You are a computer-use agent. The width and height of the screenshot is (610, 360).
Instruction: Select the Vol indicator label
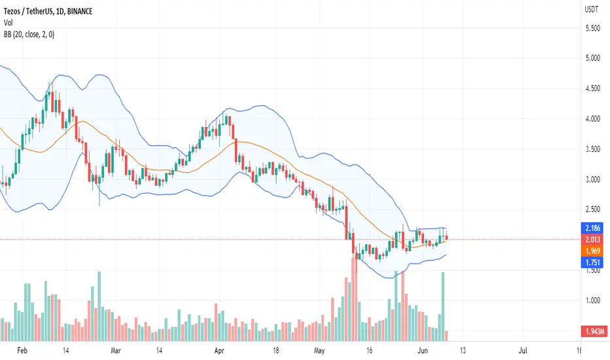8,22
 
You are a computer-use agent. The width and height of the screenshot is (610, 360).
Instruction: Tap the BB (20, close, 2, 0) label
29,35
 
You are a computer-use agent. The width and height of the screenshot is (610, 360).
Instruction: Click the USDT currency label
591,9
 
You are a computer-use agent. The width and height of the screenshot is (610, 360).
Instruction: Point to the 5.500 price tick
593,28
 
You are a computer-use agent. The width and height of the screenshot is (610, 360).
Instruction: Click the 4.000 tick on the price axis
593,118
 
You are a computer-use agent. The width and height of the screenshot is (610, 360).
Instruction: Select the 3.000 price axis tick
593,179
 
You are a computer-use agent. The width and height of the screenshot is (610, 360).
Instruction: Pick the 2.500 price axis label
593,209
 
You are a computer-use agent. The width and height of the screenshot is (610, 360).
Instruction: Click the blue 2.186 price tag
592,228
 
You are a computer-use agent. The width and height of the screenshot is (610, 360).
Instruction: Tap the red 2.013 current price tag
592,240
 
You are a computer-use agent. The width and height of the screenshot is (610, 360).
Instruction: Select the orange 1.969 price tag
592,251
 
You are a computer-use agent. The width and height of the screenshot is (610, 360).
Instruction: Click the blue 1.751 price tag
592,262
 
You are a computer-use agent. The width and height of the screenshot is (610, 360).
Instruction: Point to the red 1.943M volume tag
594,331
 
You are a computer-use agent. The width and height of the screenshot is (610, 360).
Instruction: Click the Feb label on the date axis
22,351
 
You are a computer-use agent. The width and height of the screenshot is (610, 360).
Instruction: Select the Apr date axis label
219,351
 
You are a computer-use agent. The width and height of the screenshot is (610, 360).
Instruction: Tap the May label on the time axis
319,351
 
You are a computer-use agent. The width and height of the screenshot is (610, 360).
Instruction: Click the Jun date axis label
423,351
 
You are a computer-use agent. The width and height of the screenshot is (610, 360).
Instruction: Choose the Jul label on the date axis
523,351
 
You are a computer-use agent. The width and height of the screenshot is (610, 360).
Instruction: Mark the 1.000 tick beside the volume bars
593,300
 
